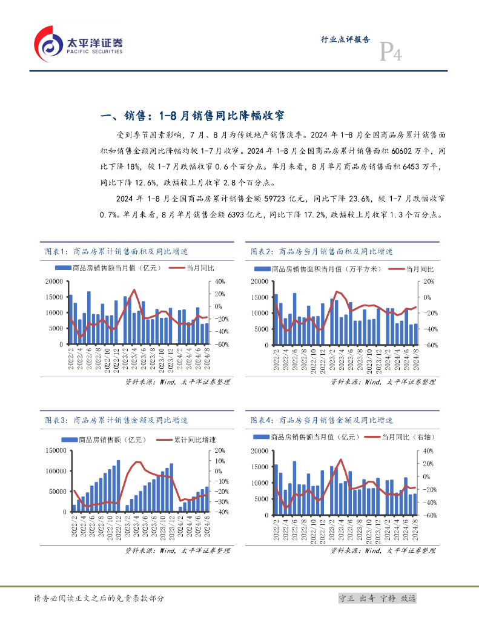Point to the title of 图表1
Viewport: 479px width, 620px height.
pos(117,251)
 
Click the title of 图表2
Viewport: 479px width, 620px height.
pos(322,251)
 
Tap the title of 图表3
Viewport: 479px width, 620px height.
pos(117,420)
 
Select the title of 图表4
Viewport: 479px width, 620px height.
pos(322,420)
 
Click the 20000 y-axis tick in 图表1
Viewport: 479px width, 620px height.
pos(55,282)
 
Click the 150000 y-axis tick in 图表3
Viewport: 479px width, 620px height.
pos(53,450)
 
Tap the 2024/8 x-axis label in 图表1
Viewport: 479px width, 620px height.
pos(207,358)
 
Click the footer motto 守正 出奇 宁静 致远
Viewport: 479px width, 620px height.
pos(377,598)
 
